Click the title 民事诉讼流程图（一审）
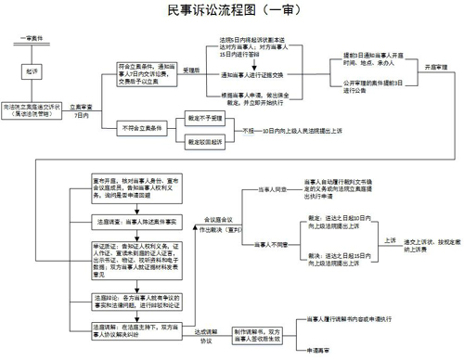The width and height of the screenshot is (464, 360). [232, 12]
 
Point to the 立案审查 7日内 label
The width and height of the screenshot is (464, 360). [80, 113]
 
